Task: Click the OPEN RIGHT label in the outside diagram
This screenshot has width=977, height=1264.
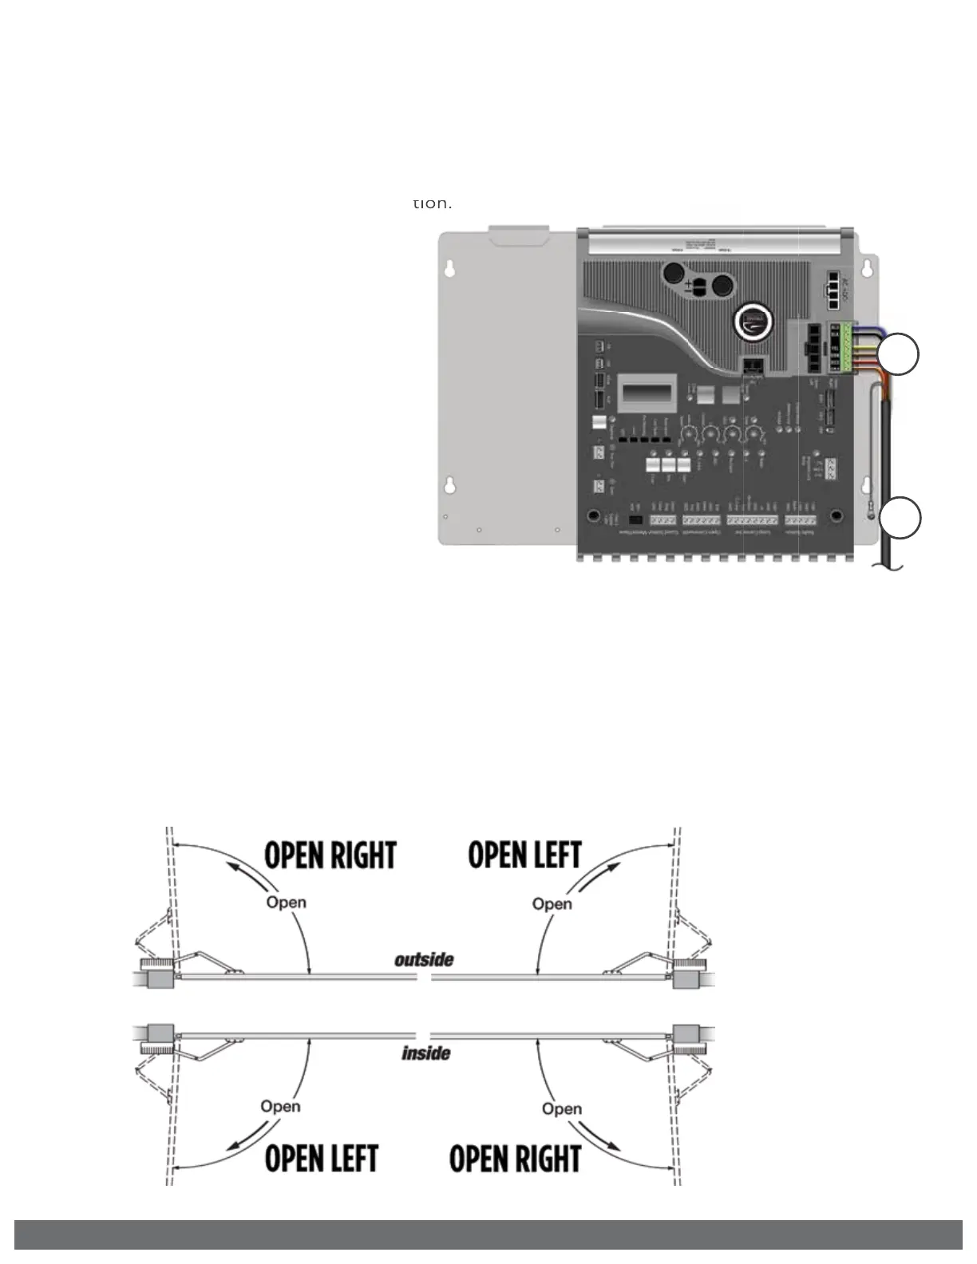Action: coord(330,855)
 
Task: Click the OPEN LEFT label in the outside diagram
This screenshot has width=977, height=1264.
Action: coord(524,855)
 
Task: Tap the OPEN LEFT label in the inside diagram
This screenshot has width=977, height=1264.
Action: coord(321,1158)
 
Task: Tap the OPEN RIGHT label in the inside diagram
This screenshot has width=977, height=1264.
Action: coord(515,1159)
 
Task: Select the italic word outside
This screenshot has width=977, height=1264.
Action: coord(424,959)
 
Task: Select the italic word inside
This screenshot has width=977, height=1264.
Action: coord(425,1053)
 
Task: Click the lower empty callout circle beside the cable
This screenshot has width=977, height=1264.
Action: coord(900,518)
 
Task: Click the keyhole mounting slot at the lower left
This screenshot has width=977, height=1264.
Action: coord(451,484)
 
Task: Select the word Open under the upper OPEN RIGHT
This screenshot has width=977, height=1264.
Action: coord(286,903)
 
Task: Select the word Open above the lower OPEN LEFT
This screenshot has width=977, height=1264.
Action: coord(280,1107)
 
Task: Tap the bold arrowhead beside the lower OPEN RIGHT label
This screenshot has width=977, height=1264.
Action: coord(613,1144)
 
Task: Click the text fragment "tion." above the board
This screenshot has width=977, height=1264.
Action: coord(432,203)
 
